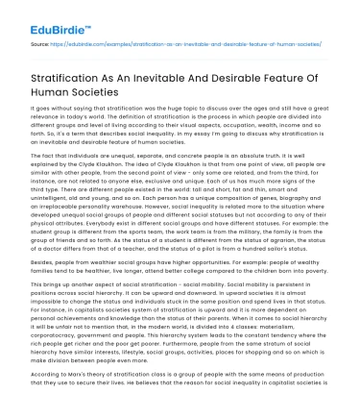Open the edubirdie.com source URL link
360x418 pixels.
click(181, 45)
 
